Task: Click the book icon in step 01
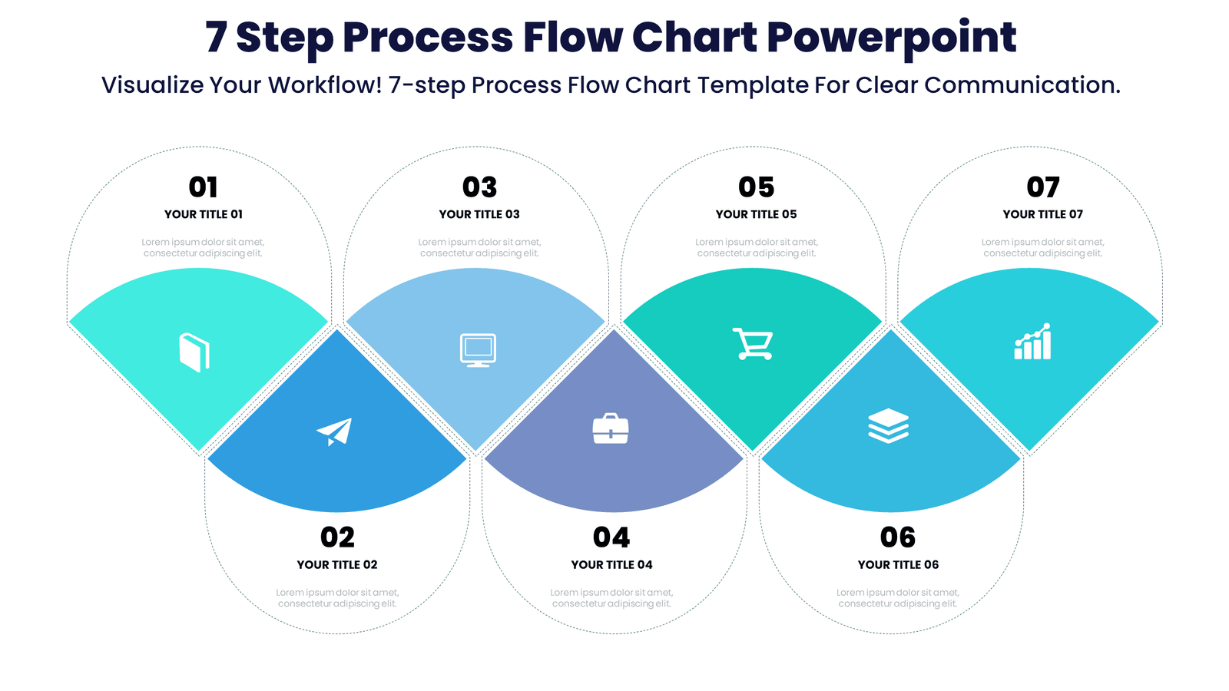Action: click(x=194, y=352)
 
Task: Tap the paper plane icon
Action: click(x=335, y=431)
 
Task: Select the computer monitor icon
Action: click(x=478, y=350)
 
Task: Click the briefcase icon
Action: click(x=611, y=428)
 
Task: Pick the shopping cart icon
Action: click(x=753, y=344)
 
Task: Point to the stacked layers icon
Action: click(x=888, y=425)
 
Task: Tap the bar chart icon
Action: click(x=1032, y=342)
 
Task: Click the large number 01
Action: click(x=204, y=187)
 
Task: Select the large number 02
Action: click(x=338, y=537)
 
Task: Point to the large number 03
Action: click(x=479, y=187)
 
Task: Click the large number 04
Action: click(x=611, y=537)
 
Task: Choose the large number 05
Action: click(x=757, y=187)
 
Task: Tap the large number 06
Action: click(x=898, y=537)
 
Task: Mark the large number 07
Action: click(x=1043, y=187)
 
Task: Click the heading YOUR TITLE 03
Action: click(x=479, y=214)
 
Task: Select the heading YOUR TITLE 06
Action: click(x=898, y=564)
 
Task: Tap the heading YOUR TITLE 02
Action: click(x=337, y=564)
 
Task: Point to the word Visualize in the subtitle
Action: click(x=152, y=84)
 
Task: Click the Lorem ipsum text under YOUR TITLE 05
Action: click(x=757, y=247)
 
